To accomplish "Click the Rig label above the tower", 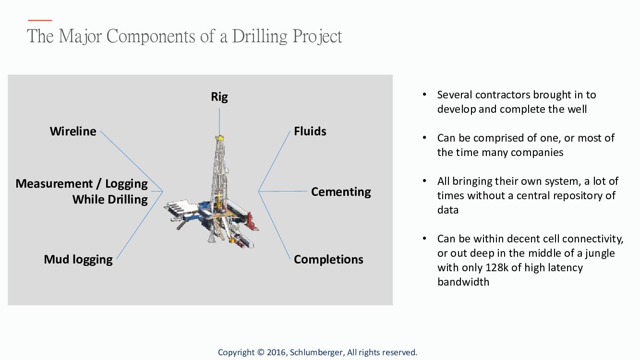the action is tap(219, 97).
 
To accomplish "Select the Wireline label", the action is tap(73, 131).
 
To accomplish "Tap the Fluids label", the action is tap(310, 131).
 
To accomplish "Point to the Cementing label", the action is tap(341, 192).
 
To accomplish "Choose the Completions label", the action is tap(328, 259).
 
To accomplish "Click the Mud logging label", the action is tap(78, 260).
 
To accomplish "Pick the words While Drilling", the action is tap(110, 200).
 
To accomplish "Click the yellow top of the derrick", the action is tap(219, 138).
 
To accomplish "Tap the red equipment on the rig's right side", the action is tap(252, 221).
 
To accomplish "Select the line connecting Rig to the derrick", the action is tap(219, 122).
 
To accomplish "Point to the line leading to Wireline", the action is tap(132, 161).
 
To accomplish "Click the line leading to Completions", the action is tap(274, 225).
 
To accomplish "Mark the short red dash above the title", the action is tap(40, 20).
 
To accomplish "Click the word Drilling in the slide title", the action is tap(260, 36).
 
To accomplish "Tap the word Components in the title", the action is tap(151, 36).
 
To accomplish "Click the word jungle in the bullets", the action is tap(600, 254).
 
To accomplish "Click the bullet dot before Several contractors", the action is tap(424, 94).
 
